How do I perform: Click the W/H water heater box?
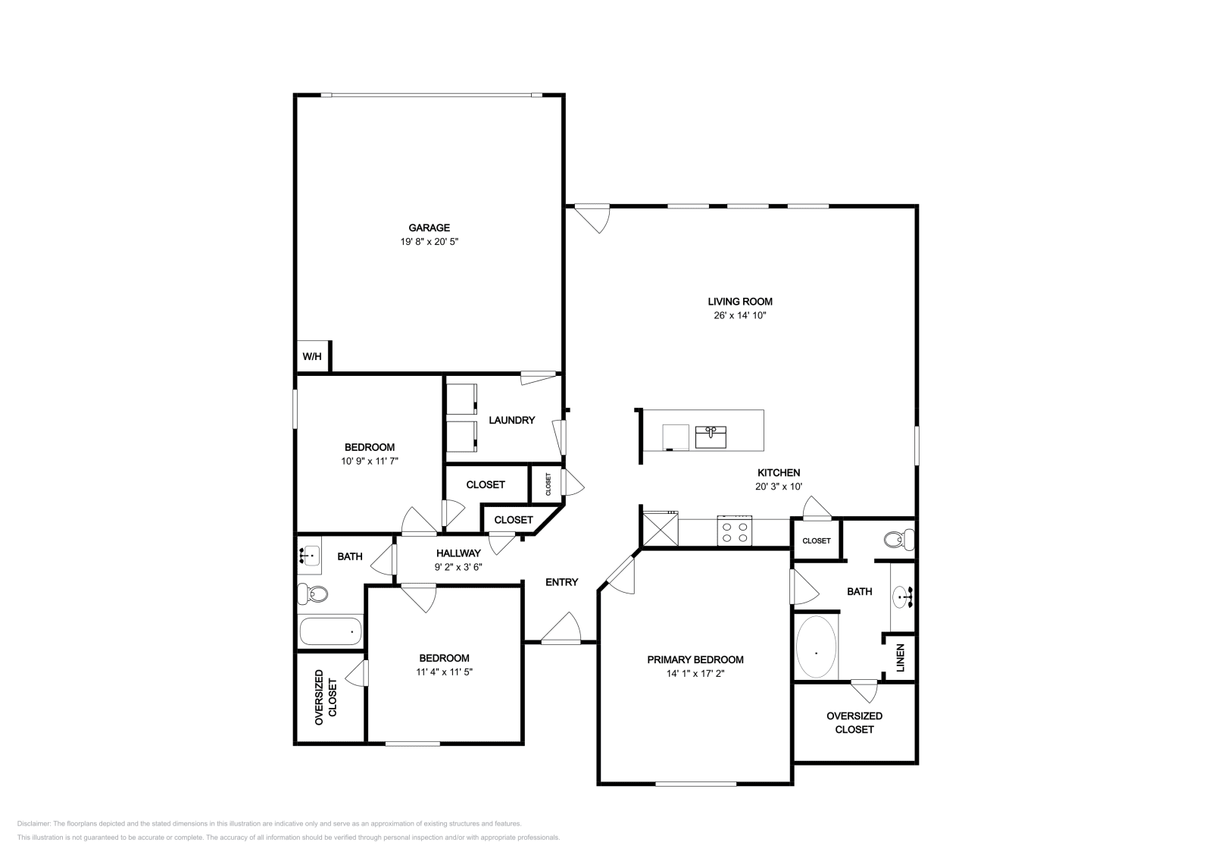[312, 356]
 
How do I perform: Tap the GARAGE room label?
[430, 227]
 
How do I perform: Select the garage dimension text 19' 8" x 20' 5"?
[430, 242]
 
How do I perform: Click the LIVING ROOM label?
[740, 302]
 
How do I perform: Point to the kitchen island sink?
[711, 437]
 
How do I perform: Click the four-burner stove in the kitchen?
[735, 531]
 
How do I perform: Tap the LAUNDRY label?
[511, 420]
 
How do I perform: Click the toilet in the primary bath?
[898, 540]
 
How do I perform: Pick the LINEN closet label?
[901, 657]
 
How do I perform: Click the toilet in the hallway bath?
[312, 593]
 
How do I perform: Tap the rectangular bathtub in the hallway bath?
[331, 631]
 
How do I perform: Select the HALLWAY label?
[458, 553]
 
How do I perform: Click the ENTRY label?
[561, 582]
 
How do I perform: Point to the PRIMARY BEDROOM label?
[695, 659]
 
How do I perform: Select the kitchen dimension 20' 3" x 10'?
[778, 487]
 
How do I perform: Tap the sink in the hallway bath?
[309, 556]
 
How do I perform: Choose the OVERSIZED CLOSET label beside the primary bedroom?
[854, 722]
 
